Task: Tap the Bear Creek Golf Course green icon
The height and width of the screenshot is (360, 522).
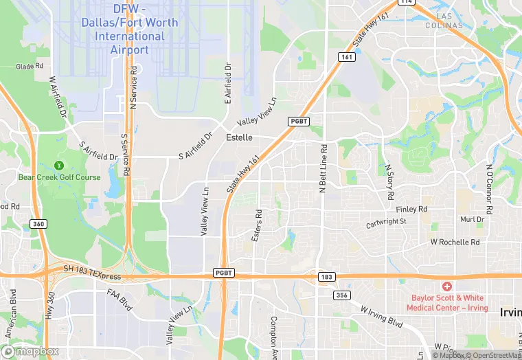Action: (59, 166)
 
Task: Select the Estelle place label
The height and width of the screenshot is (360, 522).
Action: (239, 137)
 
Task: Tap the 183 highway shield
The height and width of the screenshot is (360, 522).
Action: (326, 277)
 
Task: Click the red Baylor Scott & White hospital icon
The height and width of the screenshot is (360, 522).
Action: (446, 286)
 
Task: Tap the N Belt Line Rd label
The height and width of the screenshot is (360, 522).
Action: (323, 168)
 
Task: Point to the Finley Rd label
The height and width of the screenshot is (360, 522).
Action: (412, 209)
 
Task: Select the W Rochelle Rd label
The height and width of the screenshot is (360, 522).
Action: (455, 243)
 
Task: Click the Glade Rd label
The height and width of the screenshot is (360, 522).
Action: (30, 67)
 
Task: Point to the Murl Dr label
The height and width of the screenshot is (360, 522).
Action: (472, 220)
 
